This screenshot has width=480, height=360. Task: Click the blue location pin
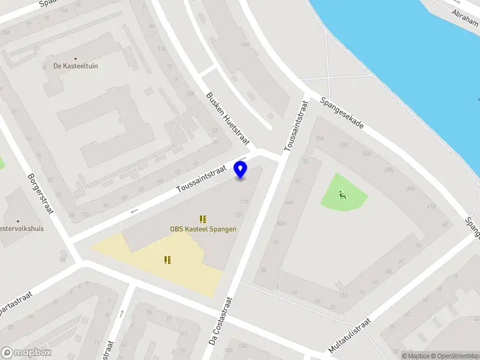pos(241,170)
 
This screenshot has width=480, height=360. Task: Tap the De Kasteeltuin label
pos(75,65)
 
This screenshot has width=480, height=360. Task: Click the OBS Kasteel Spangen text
pos(203,229)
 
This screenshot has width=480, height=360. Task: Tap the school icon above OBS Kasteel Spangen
pos(203,219)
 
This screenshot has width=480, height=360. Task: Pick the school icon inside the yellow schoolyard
pos(168,260)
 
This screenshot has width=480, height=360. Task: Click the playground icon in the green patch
pos(343,193)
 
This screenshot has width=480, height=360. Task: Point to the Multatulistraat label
pos(350,335)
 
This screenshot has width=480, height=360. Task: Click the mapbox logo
pos(26,353)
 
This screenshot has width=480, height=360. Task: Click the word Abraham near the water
pos(466,13)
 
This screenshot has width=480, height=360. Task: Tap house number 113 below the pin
pos(244,202)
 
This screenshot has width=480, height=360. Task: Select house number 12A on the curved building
pos(244,45)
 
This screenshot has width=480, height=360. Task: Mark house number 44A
pos(289,202)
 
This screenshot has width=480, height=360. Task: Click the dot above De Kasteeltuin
pos(75,58)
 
